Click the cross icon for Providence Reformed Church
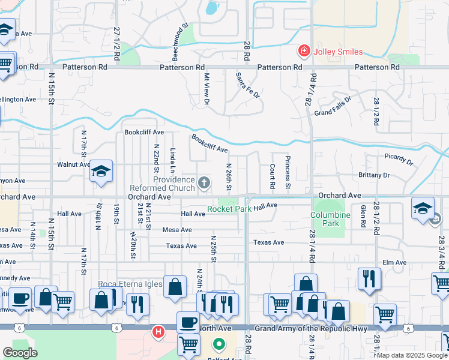point(204,182)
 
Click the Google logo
point(20,353)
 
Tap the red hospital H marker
point(158,331)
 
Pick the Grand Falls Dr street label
point(332,105)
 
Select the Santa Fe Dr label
point(247,85)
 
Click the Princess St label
point(288,173)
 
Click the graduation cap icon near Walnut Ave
point(101,172)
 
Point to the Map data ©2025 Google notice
point(412,355)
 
